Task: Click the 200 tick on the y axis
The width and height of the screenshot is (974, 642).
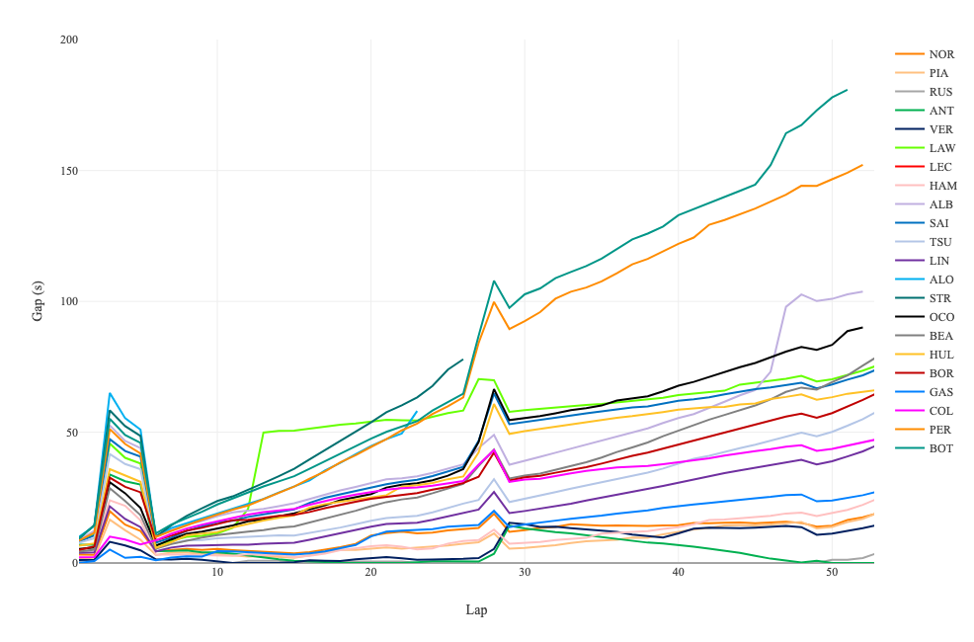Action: tap(69, 40)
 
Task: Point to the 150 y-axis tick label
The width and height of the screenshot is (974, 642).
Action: tap(69, 171)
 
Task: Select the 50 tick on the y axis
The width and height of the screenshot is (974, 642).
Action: tap(72, 433)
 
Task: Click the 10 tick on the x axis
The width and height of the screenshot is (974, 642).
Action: tap(217, 572)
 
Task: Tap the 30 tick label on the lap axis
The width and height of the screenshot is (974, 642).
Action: tap(525, 572)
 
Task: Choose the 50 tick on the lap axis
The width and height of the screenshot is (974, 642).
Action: tap(833, 572)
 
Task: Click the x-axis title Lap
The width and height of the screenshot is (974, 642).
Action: tap(476, 609)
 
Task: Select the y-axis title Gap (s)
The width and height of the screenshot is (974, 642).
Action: tap(38, 301)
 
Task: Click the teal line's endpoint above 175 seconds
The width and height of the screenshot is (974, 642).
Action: tap(848, 90)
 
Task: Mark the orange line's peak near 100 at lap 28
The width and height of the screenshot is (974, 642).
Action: tap(494, 302)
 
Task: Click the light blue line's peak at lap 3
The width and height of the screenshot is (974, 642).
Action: tap(110, 393)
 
